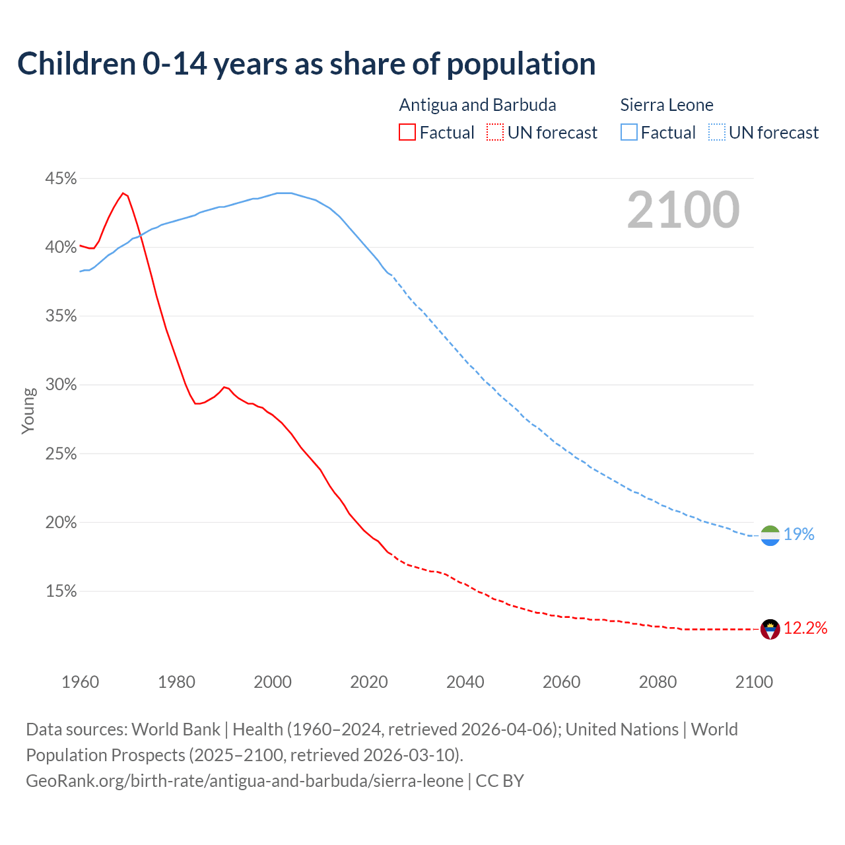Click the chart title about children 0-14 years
306,63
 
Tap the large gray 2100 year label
683,210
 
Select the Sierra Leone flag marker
770,535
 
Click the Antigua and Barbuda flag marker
770,629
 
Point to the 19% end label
799,535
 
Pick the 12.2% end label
805,628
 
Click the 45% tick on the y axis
61,179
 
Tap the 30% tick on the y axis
61,385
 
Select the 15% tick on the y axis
61,591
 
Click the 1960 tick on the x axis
80,682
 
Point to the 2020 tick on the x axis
369,682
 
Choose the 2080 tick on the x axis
658,682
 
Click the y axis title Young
28,411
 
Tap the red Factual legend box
407,133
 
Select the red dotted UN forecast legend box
495,133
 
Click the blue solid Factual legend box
629,133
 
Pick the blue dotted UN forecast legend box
717,133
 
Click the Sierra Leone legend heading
667,105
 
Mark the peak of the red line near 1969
123,193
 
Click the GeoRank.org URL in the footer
244,781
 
